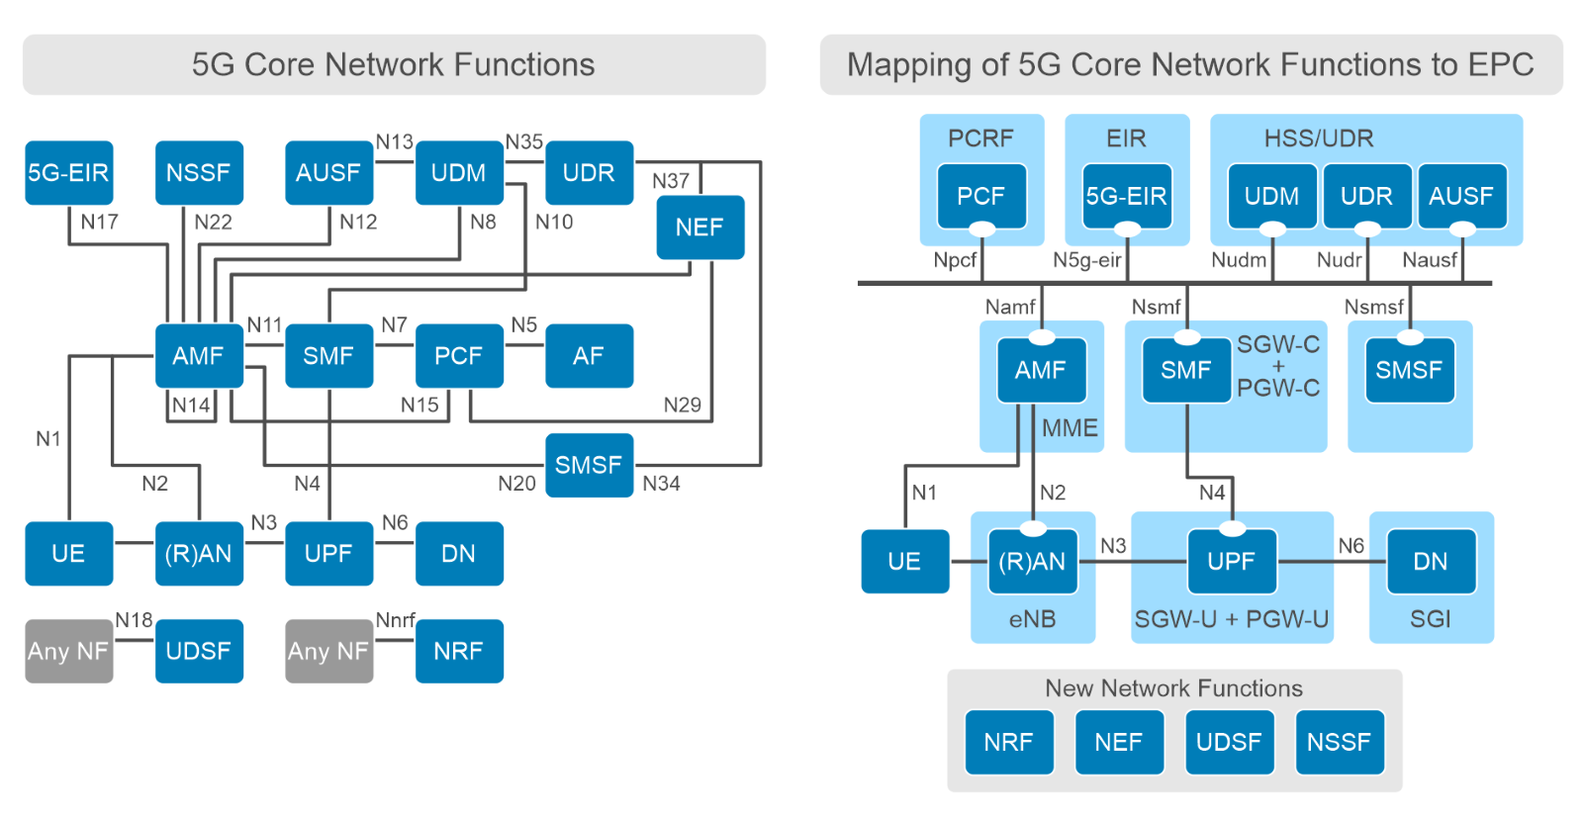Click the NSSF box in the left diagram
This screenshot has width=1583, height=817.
198,173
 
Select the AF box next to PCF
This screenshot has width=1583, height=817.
589,356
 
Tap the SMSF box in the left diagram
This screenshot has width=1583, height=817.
589,465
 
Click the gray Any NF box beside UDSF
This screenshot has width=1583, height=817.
68,651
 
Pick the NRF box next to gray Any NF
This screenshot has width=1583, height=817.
458,651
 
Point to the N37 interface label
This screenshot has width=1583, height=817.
670,181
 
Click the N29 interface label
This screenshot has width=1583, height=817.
682,405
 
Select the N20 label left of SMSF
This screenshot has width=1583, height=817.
516,484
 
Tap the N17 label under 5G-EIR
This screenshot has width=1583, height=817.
99,222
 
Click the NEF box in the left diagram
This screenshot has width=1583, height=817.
699,227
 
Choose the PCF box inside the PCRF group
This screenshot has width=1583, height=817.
980,196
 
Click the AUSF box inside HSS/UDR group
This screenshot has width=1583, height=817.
1460,196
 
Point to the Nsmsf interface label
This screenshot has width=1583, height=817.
1373,307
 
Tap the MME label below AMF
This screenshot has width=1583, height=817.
1070,428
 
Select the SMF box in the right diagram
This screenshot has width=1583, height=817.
1185,370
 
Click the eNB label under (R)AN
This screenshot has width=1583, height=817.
1032,619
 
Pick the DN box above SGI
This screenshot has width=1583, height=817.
1430,561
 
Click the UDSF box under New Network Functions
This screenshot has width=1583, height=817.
1228,742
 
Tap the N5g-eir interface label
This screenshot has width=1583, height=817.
1086,260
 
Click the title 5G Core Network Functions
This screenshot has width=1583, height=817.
393,65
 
